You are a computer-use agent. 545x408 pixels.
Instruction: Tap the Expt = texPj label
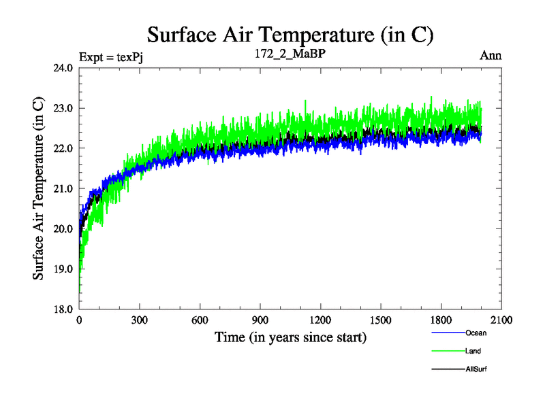point(110,56)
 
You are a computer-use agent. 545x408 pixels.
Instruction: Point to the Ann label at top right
point(491,56)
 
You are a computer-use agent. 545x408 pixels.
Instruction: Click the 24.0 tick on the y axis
point(63,68)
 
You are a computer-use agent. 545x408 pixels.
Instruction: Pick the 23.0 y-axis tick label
point(63,108)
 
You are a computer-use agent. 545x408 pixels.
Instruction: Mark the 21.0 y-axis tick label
point(63,188)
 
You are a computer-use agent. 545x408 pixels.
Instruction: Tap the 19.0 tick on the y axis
point(63,269)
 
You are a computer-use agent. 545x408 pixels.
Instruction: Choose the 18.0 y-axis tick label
point(63,309)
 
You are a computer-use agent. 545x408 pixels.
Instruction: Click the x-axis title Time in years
point(290,337)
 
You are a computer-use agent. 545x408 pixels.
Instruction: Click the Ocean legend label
point(476,333)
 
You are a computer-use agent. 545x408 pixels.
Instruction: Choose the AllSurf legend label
point(476,369)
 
